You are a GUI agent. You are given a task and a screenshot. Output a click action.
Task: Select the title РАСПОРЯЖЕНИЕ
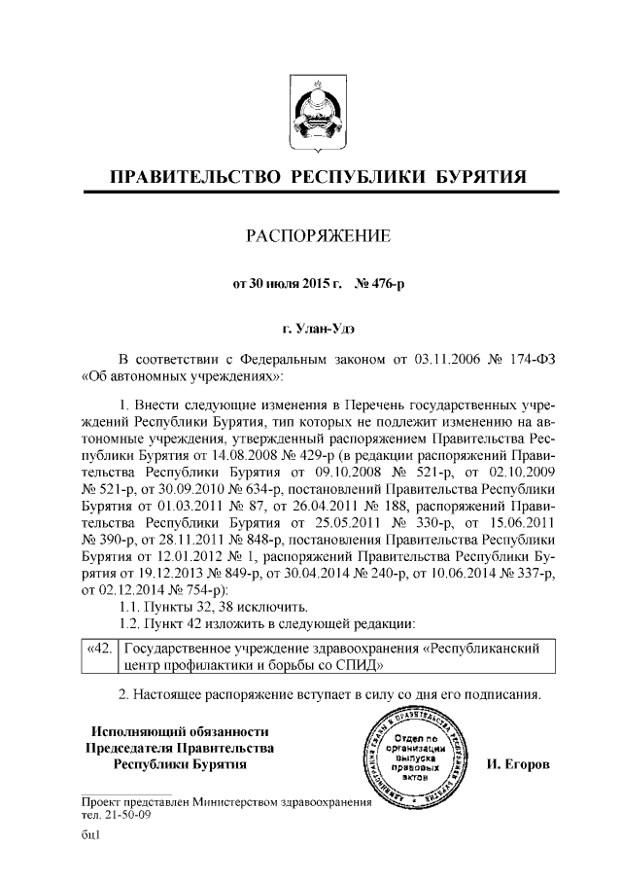(x=310, y=236)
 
